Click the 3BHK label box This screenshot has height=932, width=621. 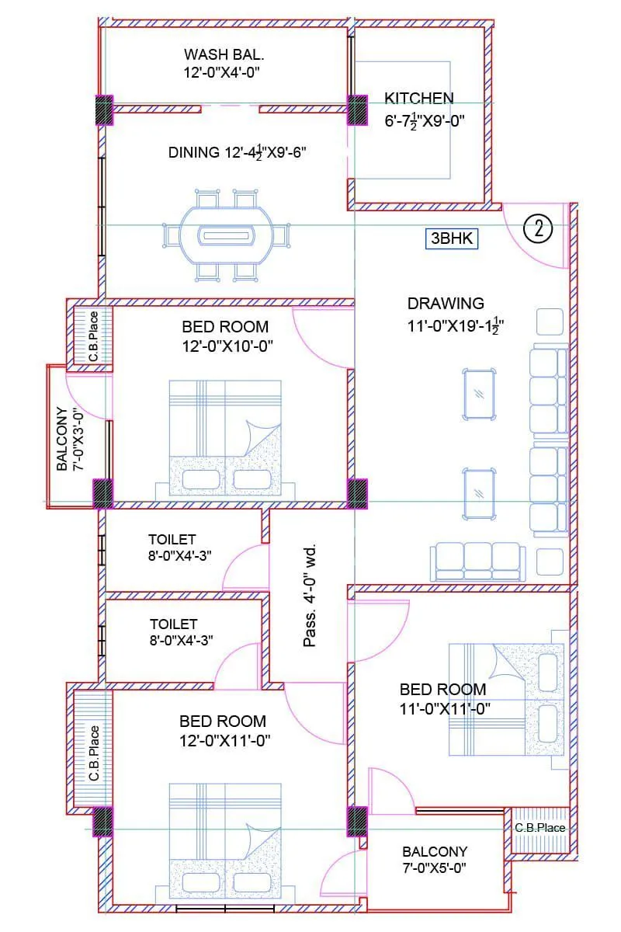[452, 238]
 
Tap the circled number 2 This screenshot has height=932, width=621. [537, 228]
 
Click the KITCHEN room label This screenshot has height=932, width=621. [418, 99]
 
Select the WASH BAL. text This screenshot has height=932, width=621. [224, 55]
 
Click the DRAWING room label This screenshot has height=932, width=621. [446, 304]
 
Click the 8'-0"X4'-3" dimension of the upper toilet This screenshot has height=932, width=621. [180, 555]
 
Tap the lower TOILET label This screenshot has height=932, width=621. [173, 624]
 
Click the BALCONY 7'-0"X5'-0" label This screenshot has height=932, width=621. [435, 859]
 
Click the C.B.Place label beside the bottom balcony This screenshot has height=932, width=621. [539, 828]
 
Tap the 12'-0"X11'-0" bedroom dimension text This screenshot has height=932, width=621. [224, 740]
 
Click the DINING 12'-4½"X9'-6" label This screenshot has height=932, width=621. [238, 152]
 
